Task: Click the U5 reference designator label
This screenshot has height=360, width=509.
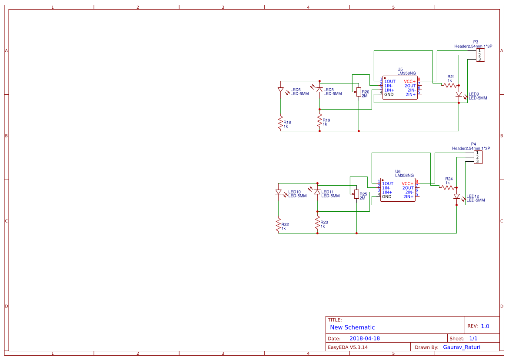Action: tap(400, 69)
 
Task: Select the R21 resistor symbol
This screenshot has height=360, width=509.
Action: tap(449, 86)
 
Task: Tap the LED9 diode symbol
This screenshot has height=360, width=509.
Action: tap(459, 94)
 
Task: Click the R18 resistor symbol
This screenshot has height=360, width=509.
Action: tap(280, 123)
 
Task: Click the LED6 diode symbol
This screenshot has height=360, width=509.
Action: tap(280, 90)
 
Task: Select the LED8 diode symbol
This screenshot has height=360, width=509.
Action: tap(319, 90)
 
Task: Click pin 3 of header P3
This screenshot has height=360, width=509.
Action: tap(479, 59)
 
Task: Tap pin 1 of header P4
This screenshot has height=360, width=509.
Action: tap(477, 153)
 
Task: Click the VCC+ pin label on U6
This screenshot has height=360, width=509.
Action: tap(408, 183)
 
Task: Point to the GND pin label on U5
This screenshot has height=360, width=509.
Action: tap(389, 94)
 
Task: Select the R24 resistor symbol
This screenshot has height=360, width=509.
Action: tap(447, 187)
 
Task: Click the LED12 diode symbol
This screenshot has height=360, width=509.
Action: tap(456, 197)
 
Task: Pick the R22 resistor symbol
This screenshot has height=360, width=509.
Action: tap(278, 225)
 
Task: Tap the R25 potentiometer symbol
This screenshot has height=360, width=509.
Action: tap(356, 194)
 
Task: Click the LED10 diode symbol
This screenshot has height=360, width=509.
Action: tap(278, 192)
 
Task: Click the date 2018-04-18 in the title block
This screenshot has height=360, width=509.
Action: tap(365, 338)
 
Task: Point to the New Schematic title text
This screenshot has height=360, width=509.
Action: tap(352, 327)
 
